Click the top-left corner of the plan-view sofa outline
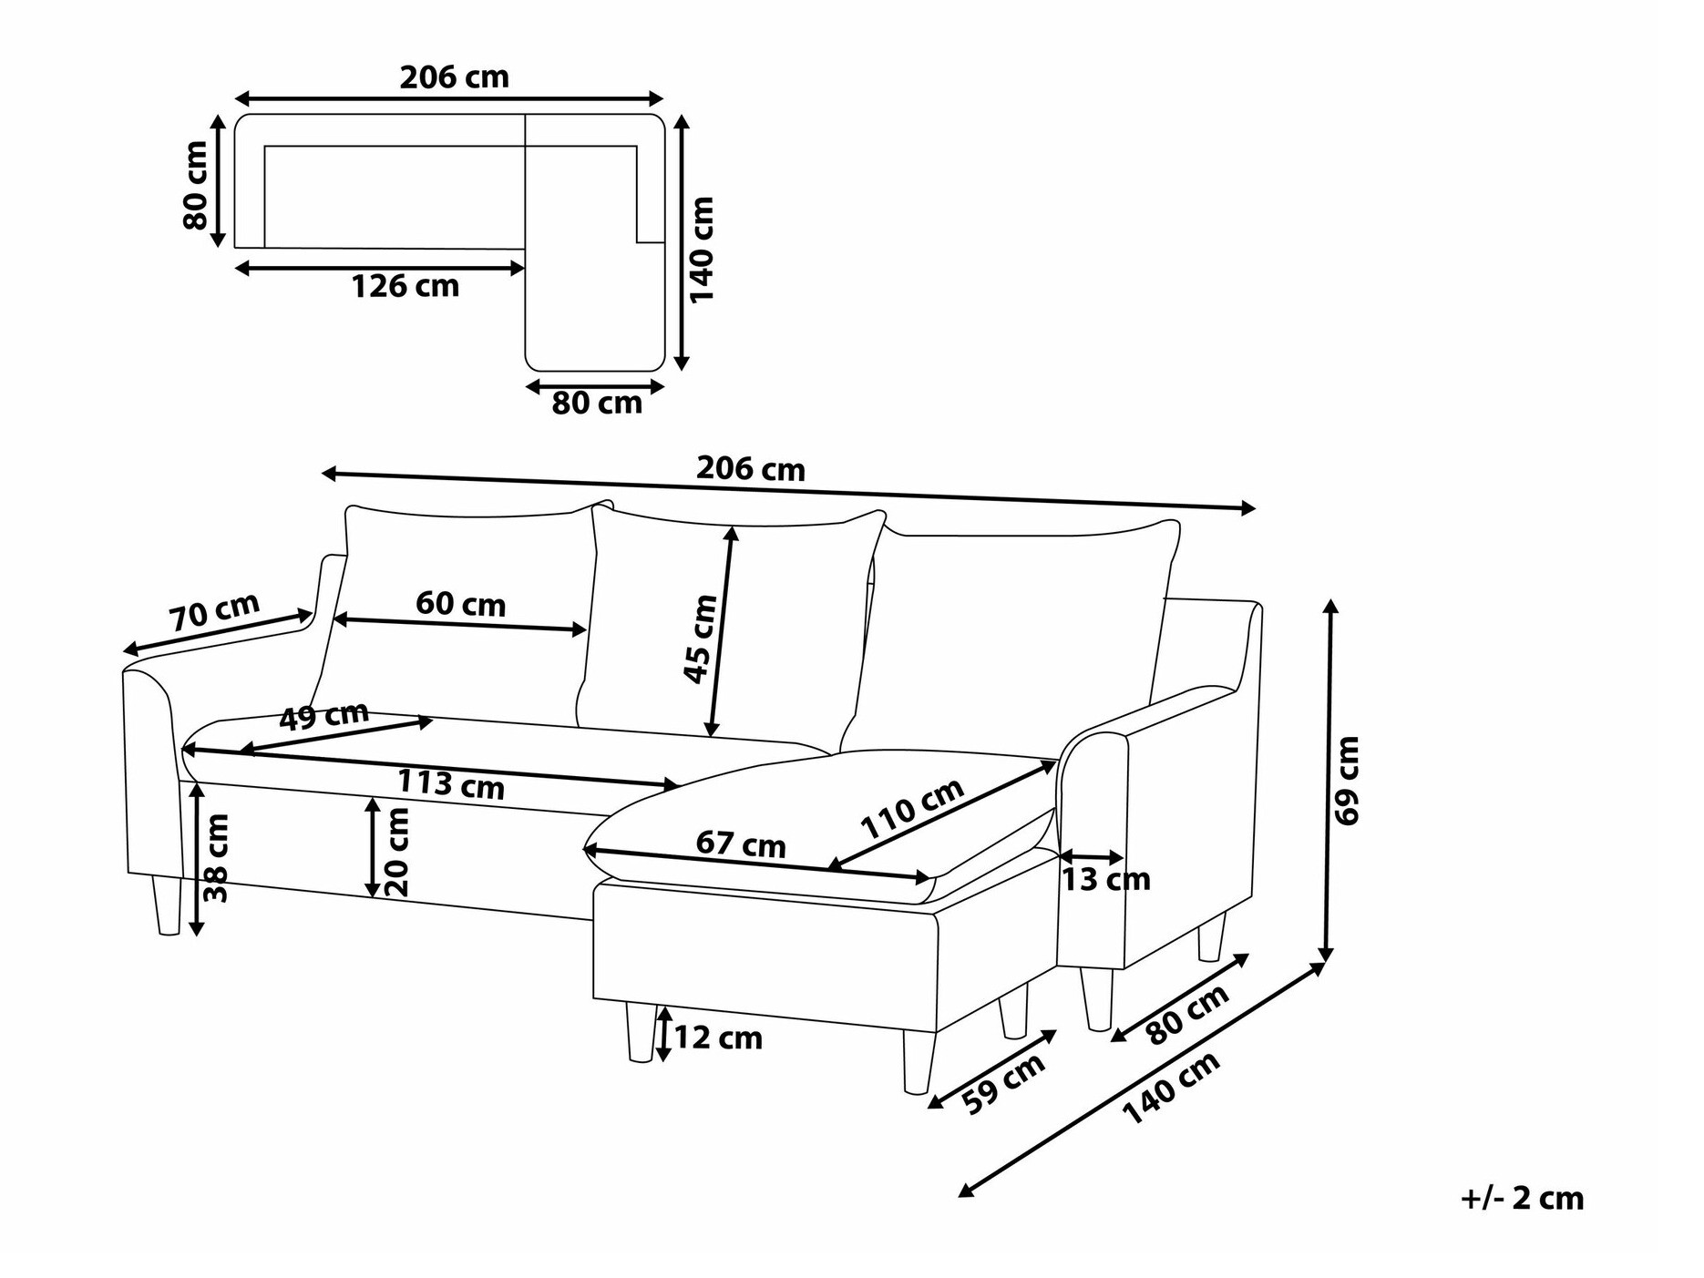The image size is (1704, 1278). pos(236,116)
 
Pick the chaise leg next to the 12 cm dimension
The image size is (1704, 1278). pos(641,1031)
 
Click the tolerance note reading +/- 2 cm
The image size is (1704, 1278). pos(1523,1198)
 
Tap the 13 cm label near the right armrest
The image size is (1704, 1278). pos(1105,880)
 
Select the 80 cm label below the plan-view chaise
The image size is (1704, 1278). pos(597,403)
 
